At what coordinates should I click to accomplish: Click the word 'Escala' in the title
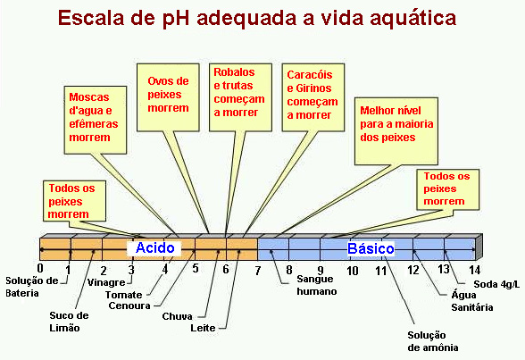[91, 18]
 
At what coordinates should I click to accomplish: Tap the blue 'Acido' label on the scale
[155, 247]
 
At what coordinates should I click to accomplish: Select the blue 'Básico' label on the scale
[371, 248]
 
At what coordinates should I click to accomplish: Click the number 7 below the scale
[257, 271]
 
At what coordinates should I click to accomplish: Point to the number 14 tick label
[474, 270]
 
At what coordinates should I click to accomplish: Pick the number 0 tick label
[40, 268]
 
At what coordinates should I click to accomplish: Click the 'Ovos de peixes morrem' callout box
[168, 97]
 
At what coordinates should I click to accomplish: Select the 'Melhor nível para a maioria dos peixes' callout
[396, 131]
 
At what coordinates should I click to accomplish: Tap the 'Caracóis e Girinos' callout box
[313, 97]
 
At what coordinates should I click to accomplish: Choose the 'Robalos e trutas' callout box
[240, 97]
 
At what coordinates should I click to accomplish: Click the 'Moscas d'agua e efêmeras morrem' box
[96, 121]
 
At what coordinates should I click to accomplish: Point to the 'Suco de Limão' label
[69, 322]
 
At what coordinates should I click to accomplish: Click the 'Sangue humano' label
[317, 285]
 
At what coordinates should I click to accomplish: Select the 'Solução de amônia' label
[432, 341]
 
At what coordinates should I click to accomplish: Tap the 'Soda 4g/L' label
[496, 284]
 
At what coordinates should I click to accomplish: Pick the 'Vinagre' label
[106, 282]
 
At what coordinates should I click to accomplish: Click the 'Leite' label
[203, 328]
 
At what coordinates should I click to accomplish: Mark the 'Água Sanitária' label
[471, 301]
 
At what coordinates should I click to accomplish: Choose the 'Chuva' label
[177, 316]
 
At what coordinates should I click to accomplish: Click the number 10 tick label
[352, 271]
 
